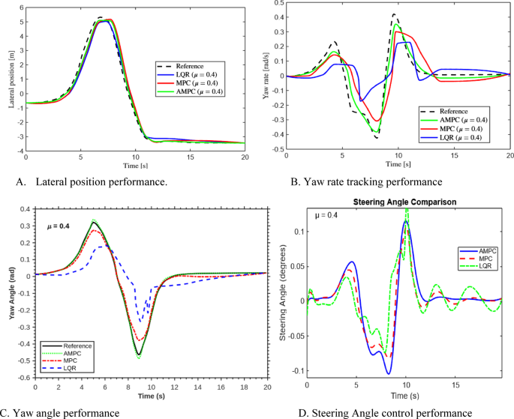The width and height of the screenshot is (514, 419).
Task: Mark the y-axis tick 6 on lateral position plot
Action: [21, 5]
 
